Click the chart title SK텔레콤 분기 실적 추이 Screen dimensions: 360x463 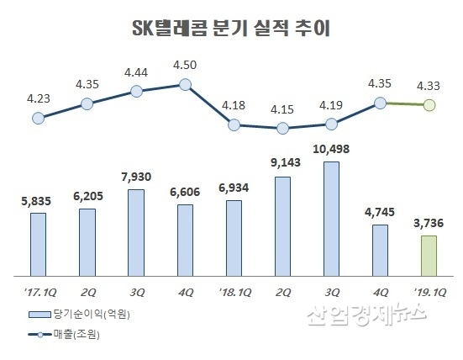231,30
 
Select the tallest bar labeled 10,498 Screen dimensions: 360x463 331,218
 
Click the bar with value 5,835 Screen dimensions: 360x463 38,244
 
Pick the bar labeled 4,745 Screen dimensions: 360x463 380,250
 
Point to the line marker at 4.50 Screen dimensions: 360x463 185,84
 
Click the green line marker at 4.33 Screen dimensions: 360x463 429,106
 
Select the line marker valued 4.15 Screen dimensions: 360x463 282,129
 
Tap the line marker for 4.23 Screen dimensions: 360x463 38,119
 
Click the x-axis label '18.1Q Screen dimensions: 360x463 233,291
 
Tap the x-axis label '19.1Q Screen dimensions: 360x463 429,291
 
